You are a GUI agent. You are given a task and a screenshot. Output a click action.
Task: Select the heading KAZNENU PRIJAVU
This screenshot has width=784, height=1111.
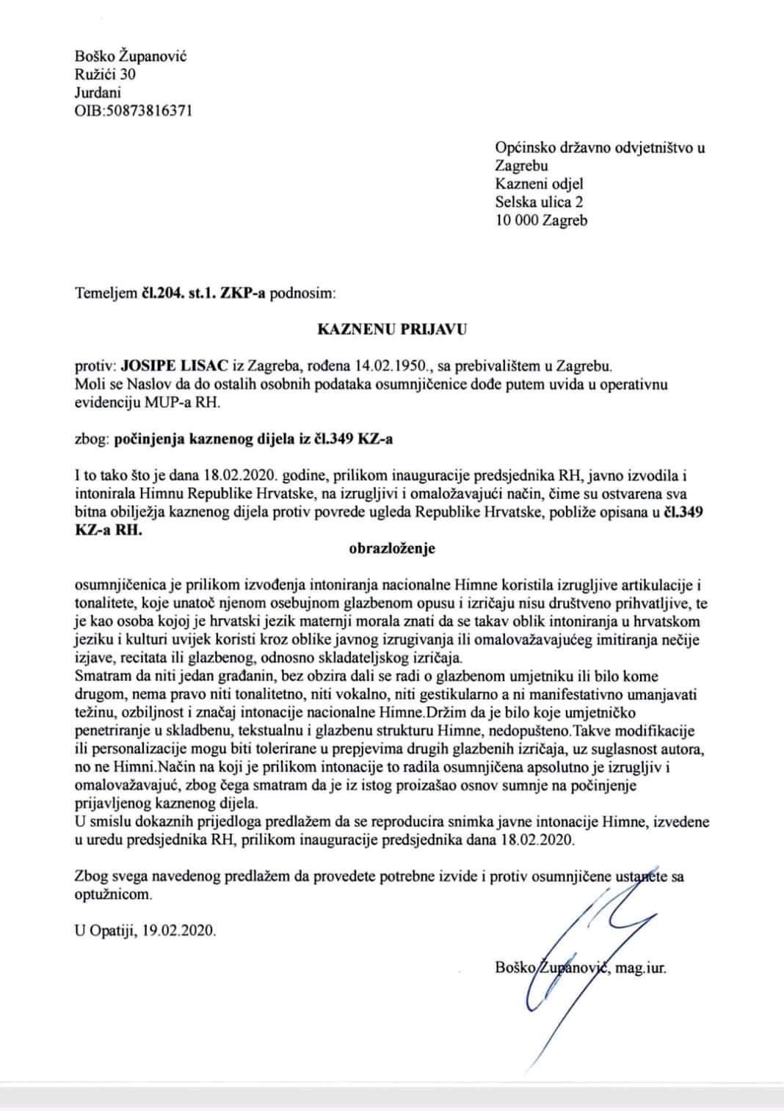(x=391, y=329)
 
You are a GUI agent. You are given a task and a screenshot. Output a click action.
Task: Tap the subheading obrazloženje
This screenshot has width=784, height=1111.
(x=391, y=547)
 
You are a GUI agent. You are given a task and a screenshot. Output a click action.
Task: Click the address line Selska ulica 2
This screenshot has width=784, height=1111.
(x=540, y=202)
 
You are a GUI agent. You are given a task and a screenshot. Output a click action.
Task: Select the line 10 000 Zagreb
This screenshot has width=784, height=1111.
(x=541, y=220)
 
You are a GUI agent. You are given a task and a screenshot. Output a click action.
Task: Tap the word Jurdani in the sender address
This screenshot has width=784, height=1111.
(x=98, y=92)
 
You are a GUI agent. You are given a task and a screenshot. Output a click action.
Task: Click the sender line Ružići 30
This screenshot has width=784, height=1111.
(x=105, y=74)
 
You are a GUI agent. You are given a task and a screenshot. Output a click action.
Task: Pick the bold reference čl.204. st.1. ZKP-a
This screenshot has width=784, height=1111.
(x=203, y=294)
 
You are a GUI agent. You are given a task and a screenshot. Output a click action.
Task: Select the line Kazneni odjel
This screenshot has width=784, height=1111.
(x=540, y=183)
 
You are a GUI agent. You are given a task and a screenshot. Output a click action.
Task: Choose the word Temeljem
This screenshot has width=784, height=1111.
(x=105, y=294)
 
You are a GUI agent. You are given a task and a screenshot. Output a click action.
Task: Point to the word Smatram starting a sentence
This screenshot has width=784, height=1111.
(x=103, y=676)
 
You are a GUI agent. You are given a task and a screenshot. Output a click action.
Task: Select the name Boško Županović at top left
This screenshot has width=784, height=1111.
(x=131, y=56)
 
